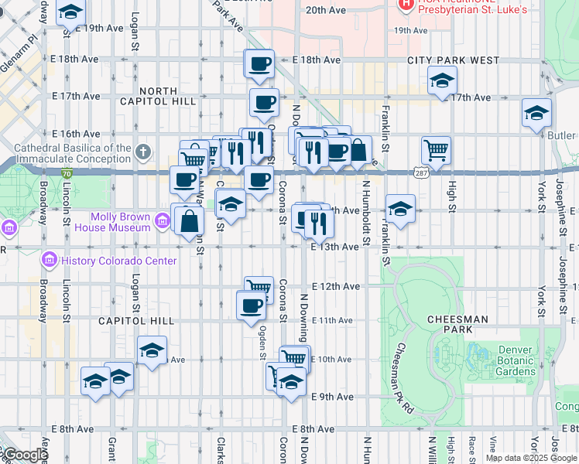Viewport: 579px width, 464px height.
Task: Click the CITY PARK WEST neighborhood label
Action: (x=454, y=60)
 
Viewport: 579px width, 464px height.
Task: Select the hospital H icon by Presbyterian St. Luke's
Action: (x=404, y=5)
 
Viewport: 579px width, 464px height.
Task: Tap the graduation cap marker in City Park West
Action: (x=442, y=80)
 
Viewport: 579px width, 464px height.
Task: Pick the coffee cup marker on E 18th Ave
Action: (x=260, y=63)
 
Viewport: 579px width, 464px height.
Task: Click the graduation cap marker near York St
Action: (x=536, y=113)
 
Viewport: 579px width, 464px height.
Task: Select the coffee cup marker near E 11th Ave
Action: (x=250, y=306)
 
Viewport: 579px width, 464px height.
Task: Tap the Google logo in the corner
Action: (x=25, y=455)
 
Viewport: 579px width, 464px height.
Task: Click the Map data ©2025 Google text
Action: (x=531, y=458)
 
